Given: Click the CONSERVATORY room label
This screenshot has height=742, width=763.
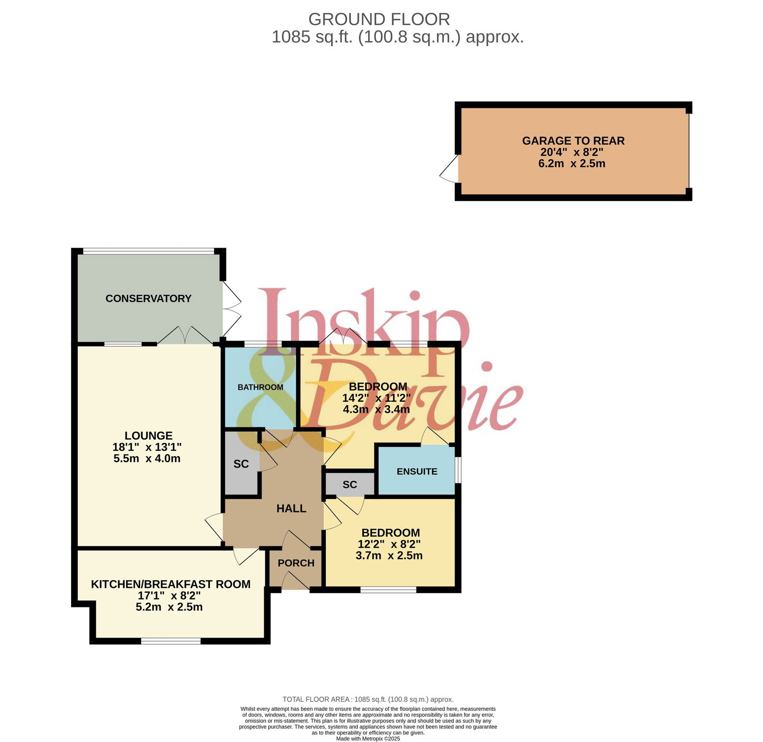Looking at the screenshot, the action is pos(148,299).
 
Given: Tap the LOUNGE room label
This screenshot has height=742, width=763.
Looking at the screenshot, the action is pos(148,436).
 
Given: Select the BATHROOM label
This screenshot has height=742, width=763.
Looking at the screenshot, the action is pos(260,387).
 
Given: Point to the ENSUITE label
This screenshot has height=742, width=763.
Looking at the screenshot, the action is pos(417,471).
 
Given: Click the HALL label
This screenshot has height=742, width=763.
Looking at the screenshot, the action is pos(291,509).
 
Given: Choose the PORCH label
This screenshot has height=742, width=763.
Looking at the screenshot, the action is pos(296,563).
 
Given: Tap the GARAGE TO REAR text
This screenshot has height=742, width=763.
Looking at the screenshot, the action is pos(573,141).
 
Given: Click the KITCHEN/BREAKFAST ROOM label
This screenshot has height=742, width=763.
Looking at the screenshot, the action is pos(171,584).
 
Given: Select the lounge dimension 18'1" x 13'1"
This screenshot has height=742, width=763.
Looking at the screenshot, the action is pos(147,447).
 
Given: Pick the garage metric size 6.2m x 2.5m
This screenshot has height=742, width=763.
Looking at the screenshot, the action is pos(572,164).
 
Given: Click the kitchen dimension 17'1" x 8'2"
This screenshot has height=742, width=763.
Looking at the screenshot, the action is pos(169,596).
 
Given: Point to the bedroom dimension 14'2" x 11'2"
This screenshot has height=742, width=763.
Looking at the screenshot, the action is pos(376,398).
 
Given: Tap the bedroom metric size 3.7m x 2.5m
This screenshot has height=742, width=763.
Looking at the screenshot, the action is pos(389,555).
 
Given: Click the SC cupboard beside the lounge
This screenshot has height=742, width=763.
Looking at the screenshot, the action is pos(241,464).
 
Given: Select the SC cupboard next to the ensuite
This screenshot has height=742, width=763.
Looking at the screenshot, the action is pos(350,485).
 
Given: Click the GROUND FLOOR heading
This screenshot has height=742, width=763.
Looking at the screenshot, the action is pos(379,20).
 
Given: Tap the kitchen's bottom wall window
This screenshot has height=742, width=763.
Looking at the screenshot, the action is pos(171,641).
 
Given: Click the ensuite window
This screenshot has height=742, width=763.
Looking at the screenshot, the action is pos(458,470).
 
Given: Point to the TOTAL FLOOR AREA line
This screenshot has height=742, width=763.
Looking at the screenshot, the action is pos(368,700).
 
